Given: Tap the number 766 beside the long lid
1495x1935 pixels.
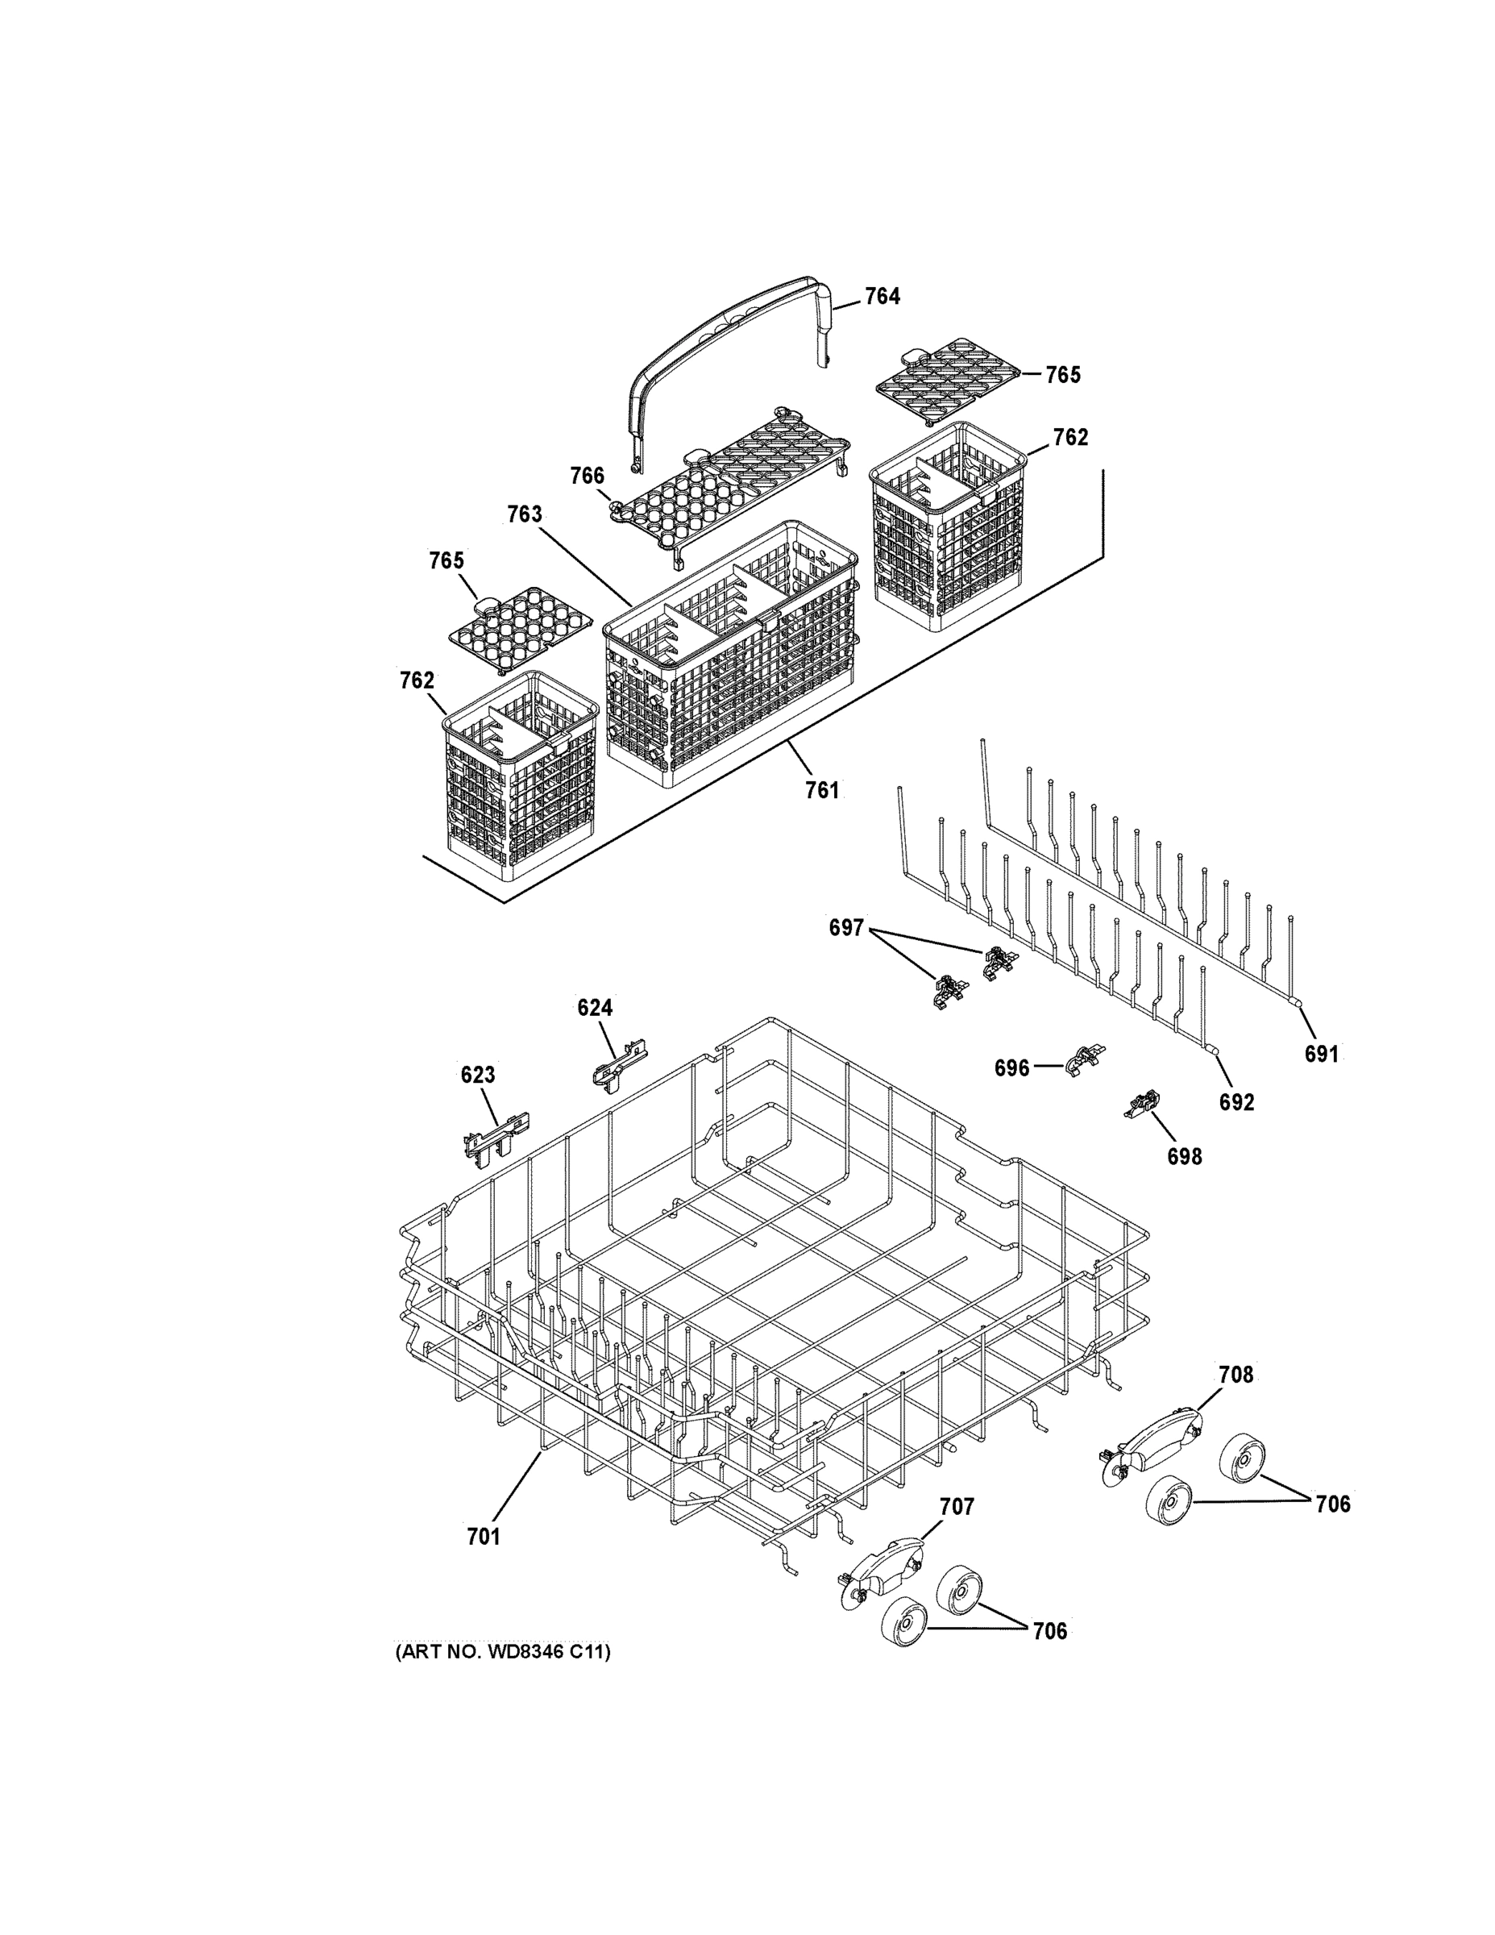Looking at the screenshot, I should coord(586,476).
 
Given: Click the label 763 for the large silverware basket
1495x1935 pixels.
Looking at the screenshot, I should coord(525,514).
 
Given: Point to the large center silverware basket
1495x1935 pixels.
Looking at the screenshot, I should coord(731,655).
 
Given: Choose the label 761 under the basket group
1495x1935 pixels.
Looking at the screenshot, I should coord(821,790).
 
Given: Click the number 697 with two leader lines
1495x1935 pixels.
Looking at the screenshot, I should coord(845,928).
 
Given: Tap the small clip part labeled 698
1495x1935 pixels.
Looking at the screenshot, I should coord(1143,1105).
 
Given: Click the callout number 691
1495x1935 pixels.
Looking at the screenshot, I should coord(1321,1055).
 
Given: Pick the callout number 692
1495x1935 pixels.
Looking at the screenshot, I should coord(1236,1102).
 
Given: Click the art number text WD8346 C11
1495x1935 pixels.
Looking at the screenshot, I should coord(502,1652).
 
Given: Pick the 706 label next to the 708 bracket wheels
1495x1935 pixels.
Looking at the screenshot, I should coord(1332,1504).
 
